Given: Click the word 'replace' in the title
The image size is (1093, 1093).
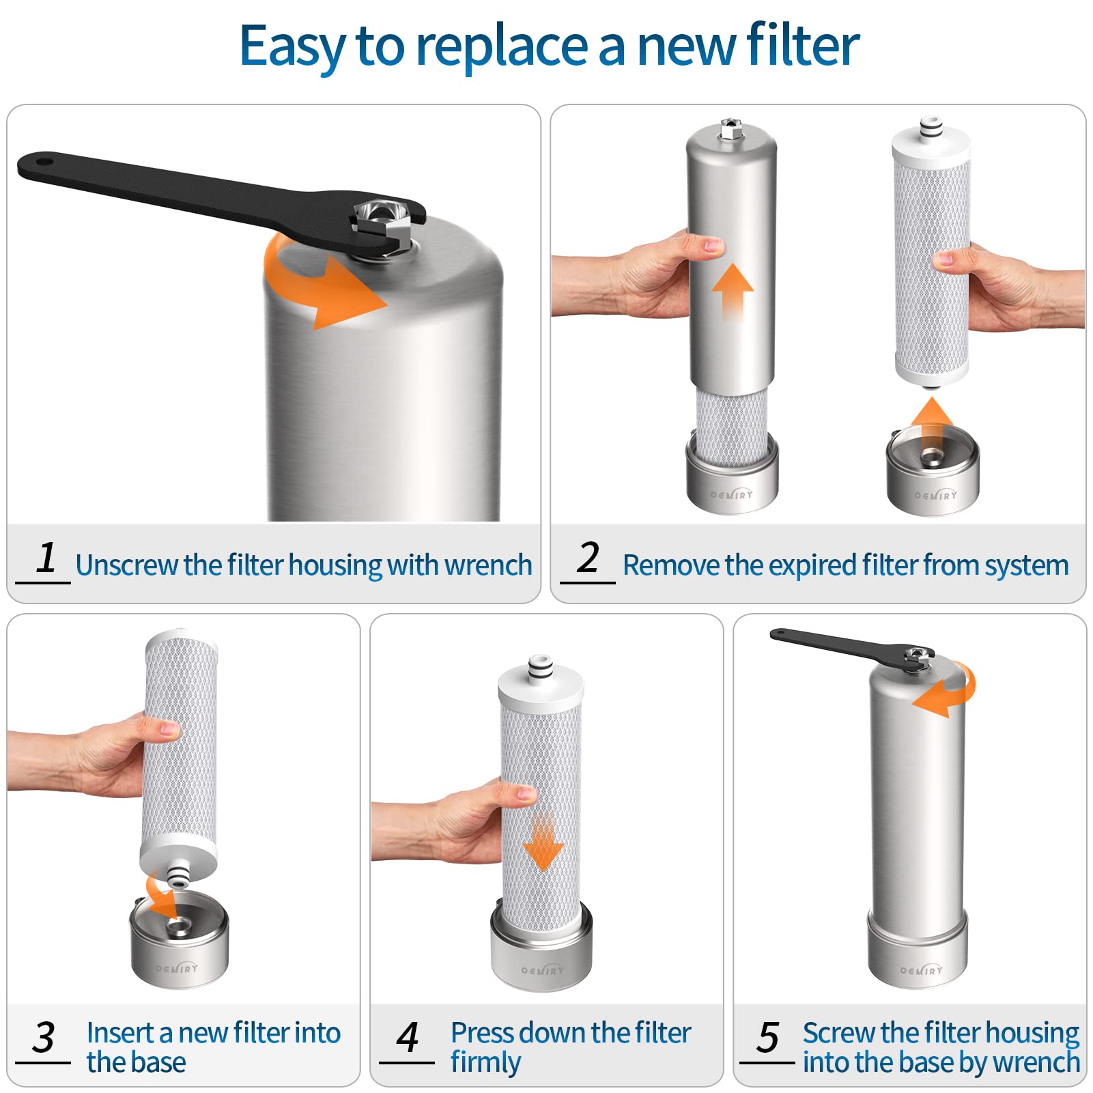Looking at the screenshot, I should (502, 46).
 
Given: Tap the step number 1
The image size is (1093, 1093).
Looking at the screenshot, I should (46, 558).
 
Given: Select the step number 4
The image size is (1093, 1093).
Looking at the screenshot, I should (408, 1038).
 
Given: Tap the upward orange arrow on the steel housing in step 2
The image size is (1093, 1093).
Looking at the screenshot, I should (733, 290).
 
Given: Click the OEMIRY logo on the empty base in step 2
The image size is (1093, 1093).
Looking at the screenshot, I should (936, 494).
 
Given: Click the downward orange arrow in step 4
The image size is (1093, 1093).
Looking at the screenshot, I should (543, 843).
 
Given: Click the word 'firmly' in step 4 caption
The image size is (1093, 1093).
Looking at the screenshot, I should (485, 1063).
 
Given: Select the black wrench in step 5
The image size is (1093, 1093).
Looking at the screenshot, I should (840, 644).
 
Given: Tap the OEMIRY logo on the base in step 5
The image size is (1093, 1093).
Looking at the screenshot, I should (921, 969).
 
